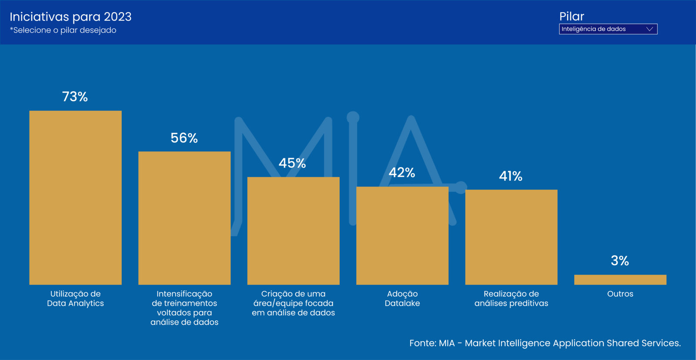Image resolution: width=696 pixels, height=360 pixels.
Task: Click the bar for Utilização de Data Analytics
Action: (x=75, y=198)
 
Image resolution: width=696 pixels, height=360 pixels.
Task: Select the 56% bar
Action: (x=184, y=218)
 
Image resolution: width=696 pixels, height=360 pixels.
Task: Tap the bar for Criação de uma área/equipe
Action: (x=293, y=231)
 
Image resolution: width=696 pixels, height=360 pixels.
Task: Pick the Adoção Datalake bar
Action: (x=402, y=236)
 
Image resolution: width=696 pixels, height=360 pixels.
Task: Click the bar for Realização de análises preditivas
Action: (x=511, y=237)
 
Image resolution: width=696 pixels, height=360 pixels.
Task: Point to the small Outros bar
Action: (x=620, y=279)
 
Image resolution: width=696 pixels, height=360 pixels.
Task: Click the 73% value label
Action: (x=75, y=97)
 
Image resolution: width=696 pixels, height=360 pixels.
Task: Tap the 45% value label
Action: (x=292, y=163)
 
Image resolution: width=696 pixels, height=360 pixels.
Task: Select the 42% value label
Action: (x=402, y=173)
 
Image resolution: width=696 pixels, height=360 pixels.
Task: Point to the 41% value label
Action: (x=511, y=176)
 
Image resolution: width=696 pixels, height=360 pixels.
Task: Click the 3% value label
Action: (x=620, y=261)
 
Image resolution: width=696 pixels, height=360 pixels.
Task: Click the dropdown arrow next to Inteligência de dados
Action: (x=649, y=29)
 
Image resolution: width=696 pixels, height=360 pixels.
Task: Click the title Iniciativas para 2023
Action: (x=70, y=17)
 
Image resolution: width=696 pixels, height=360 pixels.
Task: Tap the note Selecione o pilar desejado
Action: (x=63, y=30)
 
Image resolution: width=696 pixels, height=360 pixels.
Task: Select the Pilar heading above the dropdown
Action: (x=572, y=17)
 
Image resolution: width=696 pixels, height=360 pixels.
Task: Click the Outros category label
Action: (x=620, y=294)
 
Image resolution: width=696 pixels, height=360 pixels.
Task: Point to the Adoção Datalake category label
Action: (x=402, y=299)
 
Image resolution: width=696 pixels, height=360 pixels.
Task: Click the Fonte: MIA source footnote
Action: (x=545, y=343)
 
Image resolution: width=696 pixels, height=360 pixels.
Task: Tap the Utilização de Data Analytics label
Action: (x=75, y=299)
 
